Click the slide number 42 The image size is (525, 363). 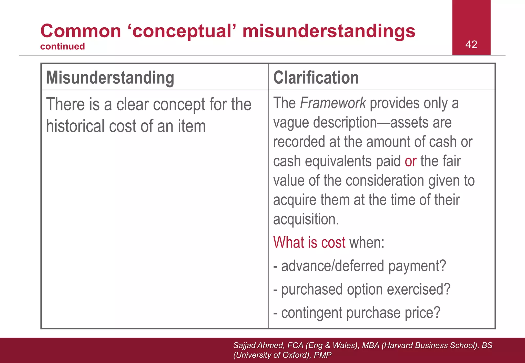[x=471, y=45]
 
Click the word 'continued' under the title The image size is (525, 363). [x=63, y=46]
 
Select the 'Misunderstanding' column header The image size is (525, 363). [x=110, y=78]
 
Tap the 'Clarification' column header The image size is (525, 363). [x=316, y=78]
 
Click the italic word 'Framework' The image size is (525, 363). [x=333, y=103]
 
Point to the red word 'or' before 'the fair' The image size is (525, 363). [x=410, y=161]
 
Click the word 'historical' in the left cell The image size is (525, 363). [x=75, y=126]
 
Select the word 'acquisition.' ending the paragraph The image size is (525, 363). [x=306, y=219]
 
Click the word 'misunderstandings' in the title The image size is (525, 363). [x=329, y=31]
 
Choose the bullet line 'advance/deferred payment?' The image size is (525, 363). [x=364, y=266]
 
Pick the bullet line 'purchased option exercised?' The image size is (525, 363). [x=366, y=290]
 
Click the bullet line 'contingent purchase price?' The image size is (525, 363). [x=360, y=313]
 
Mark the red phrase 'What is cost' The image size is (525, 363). [x=309, y=242]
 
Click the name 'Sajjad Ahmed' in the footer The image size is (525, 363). [x=258, y=345]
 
